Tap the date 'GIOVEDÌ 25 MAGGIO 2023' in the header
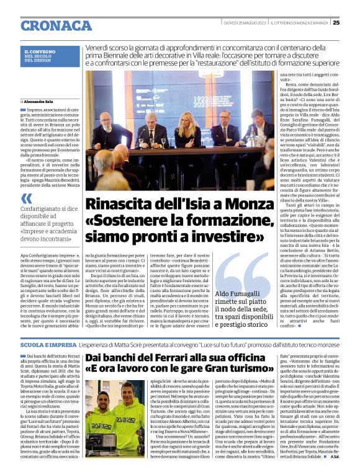pyautogui.click(x=245, y=23)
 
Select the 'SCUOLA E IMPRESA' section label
pyautogui.click(x=47, y=344)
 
